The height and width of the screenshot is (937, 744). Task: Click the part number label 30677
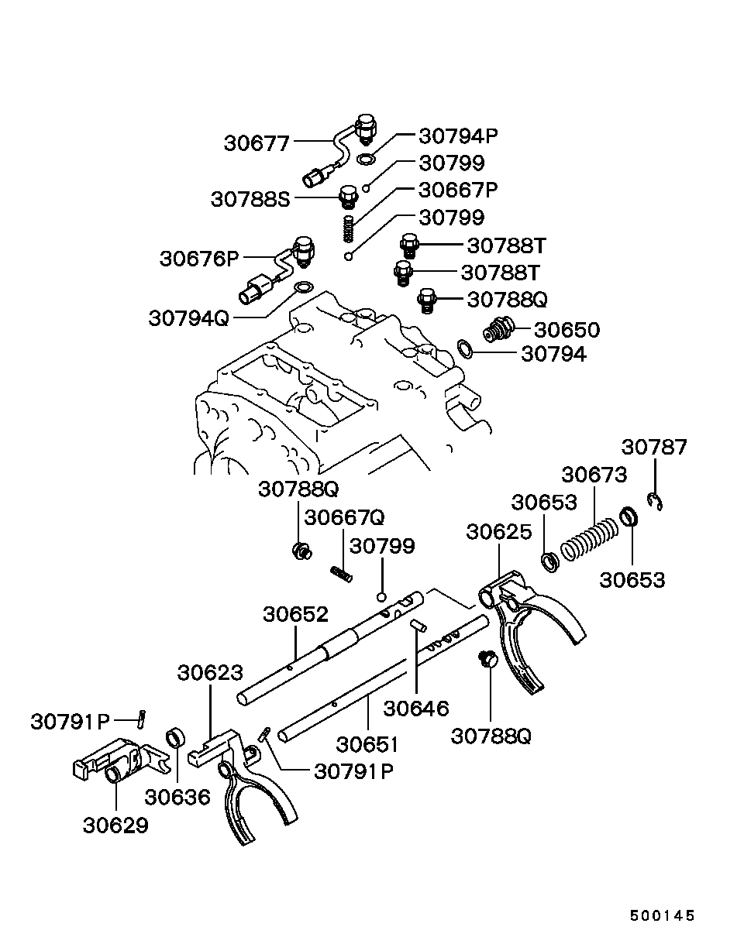pyautogui.click(x=257, y=143)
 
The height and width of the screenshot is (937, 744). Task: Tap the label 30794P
pyautogui.click(x=458, y=136)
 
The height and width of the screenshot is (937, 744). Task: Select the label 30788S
pyautogui.click(x=250, y=200)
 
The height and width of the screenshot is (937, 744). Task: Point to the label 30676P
pyautogui.click(x=199, y=259)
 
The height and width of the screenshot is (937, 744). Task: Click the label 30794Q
pyautogui.click(x=189, y=318)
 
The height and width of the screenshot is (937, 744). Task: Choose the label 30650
pyautogui.click(x=567, y=330)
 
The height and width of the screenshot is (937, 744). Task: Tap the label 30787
pyautogui.click(x=654, y=447)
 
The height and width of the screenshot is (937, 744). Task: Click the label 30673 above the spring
pyautogui.click(x=594, y=475)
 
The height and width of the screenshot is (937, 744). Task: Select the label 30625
pyautogui.click(x=499, y=532)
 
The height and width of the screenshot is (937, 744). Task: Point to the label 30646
pyautogui.click(x=416, y=709)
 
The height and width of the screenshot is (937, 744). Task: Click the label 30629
pyautogui.click(x=115, y=825)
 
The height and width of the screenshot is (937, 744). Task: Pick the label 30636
pyautogui.click(x=177, y=798)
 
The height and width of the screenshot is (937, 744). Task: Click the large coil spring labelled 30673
pyautogui.click(x=589, y=539)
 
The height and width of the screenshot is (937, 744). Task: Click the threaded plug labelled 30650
pyautogui.click(x=499, y=330)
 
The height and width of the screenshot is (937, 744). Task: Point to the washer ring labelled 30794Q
pyautogui.click(x=304, y=287)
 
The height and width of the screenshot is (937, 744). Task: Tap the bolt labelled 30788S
pyautogui.click(x=349, y=198)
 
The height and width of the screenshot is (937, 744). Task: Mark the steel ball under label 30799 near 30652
pyautogui.click(x=382, y=597)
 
